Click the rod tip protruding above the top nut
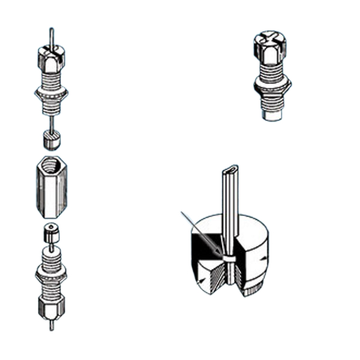52,35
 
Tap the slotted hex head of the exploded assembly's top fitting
52,58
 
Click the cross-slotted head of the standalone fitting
270,43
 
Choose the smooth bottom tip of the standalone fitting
272,112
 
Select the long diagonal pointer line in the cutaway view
201,231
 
